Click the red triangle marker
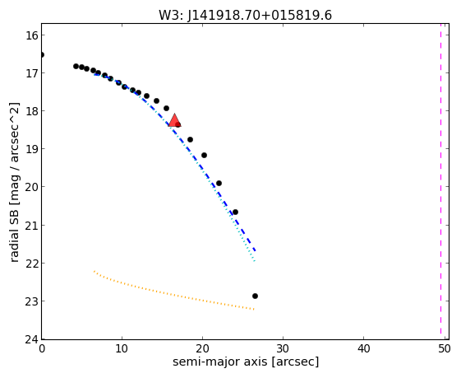[175, 120]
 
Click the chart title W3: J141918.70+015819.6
[245, 16]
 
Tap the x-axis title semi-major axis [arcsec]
[246, 362]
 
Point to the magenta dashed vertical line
[440, 179]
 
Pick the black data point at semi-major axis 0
[41, 55]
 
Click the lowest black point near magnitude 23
[255, 296]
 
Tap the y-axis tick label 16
[32, 35]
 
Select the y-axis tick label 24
[32, 339]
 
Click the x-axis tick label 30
[283, 349]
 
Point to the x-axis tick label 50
[444, 349]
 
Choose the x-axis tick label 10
[122, 349]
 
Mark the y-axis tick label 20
[32, 186]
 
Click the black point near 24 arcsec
[235, 212]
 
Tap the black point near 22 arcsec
[219, 184]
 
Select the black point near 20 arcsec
[204, 156]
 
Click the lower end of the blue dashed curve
[255, 250]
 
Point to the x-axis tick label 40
[363, 349]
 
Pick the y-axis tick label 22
[32, 263]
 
